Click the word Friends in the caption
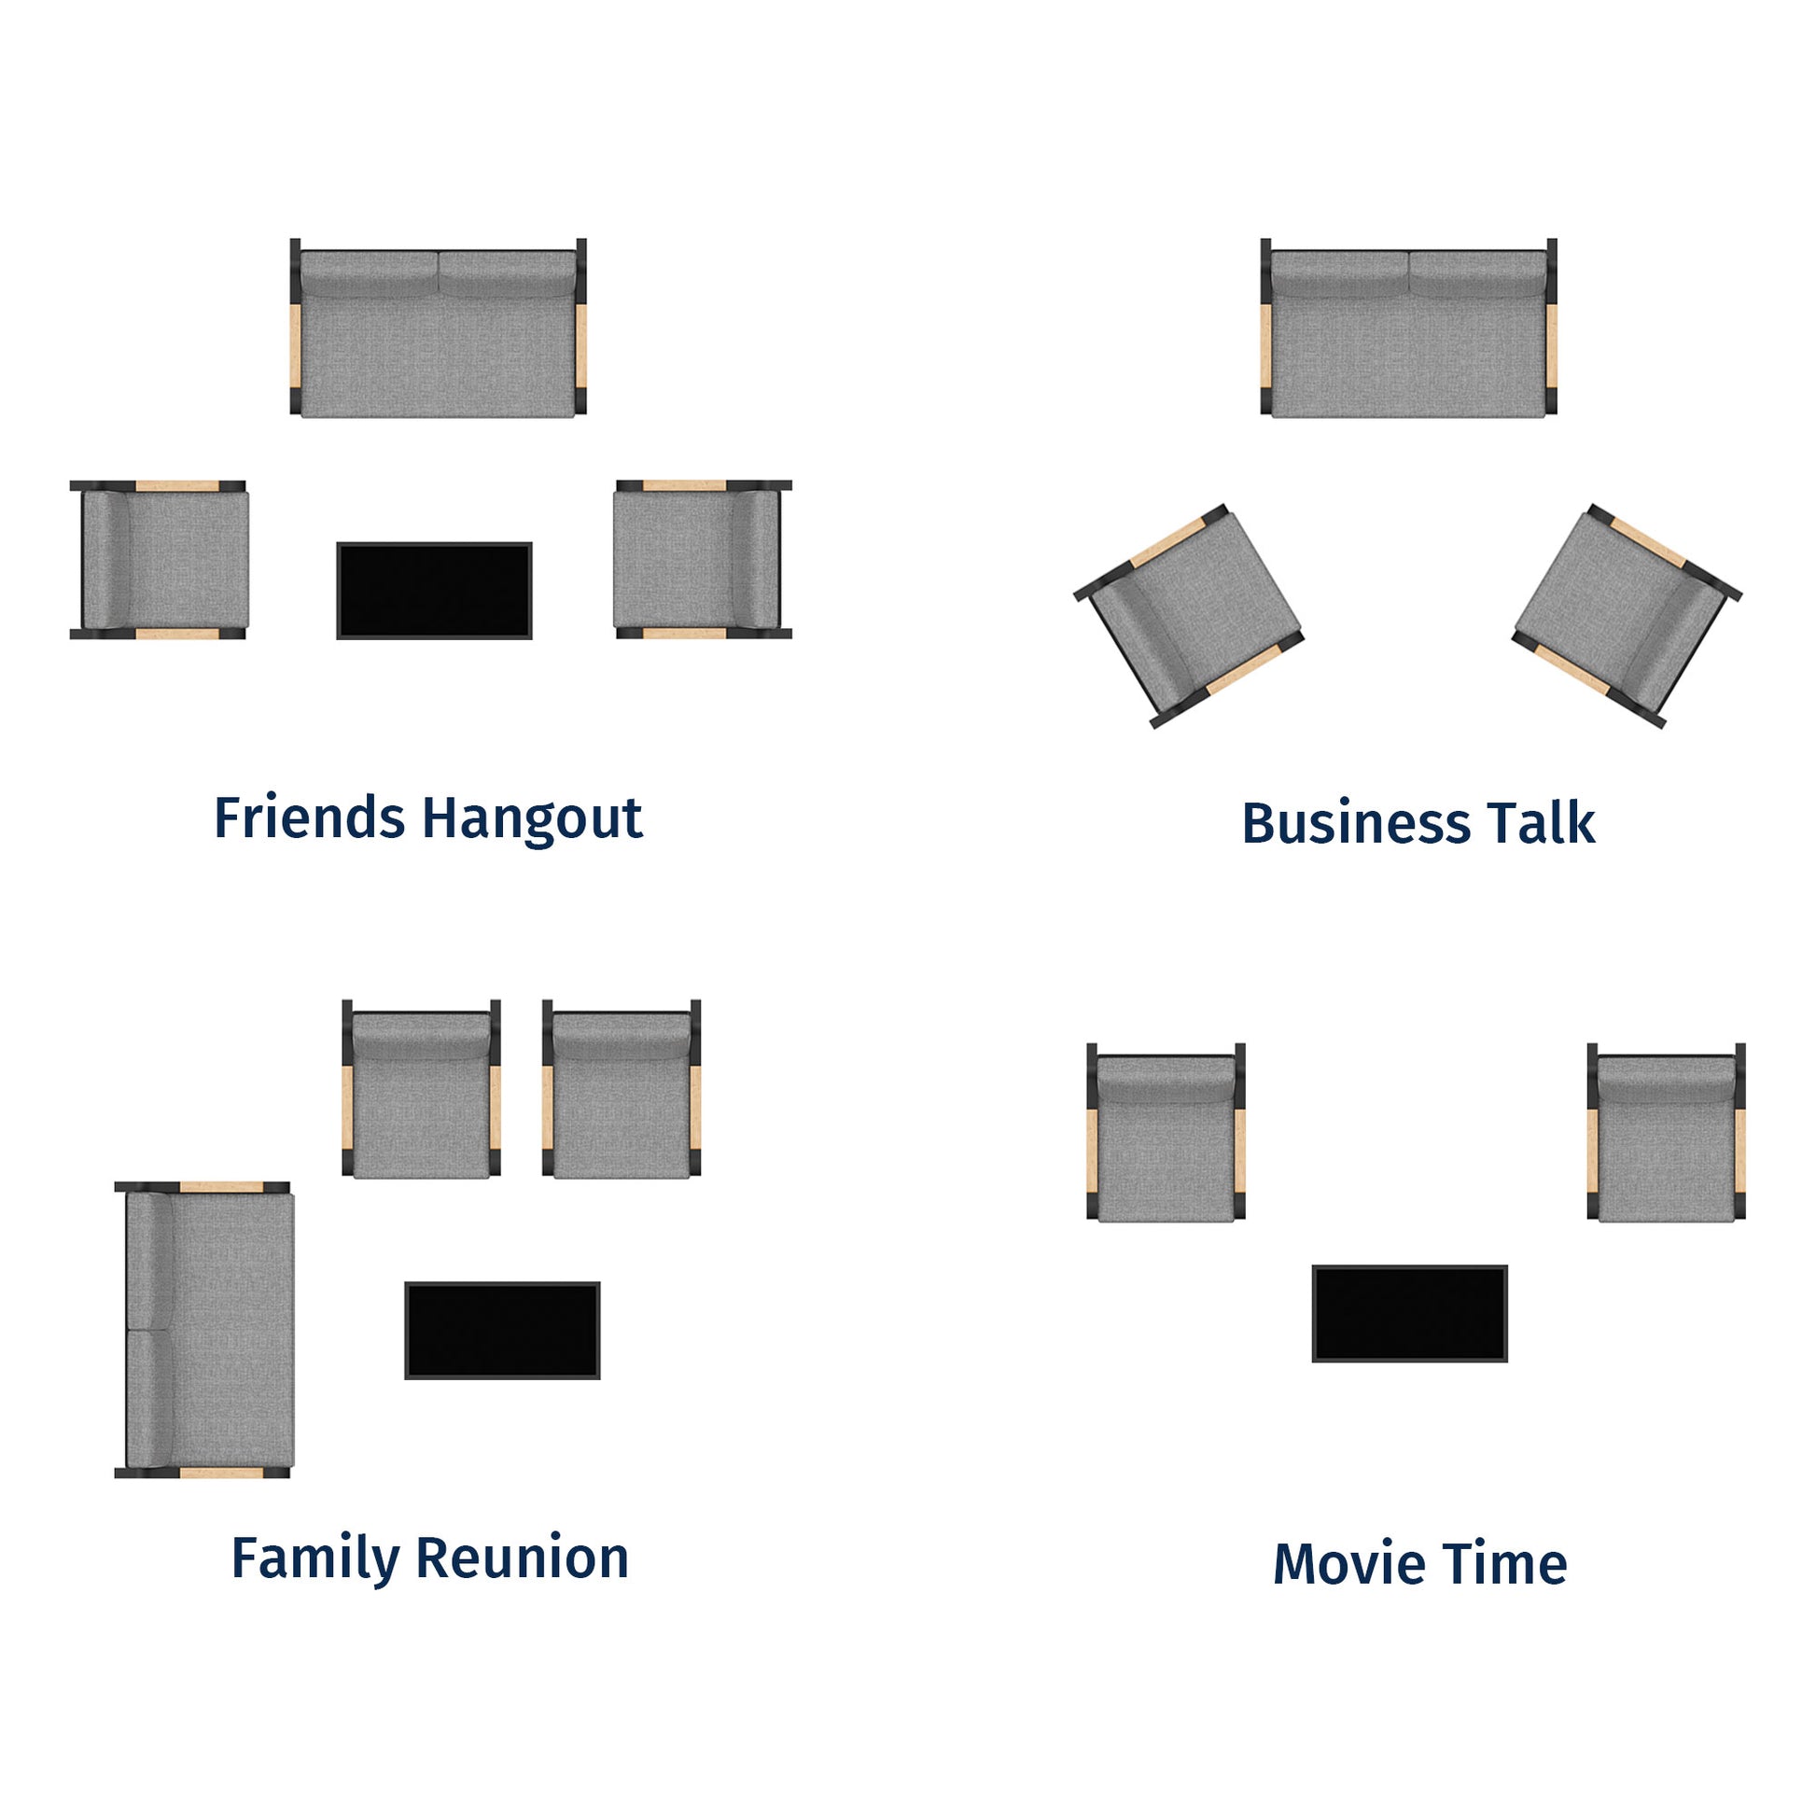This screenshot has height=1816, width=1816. [309, 817]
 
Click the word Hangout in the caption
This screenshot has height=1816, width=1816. [532, 820]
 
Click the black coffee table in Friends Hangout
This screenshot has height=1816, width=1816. [434, 591]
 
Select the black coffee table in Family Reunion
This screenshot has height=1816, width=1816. [502, 1330]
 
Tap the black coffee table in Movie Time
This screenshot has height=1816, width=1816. [1410, 1313]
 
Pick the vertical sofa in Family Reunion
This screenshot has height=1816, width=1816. [205, 1330]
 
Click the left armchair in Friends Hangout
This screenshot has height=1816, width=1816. [159, 560]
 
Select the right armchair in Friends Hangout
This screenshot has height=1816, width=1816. [703, 560]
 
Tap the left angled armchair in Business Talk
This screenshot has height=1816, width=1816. [1189, 616]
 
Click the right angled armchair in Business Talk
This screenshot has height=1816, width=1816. [1627, 616]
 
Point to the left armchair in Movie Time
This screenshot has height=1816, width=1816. [1166, 1133]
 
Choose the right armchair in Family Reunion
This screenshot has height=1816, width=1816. [622, 1088]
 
